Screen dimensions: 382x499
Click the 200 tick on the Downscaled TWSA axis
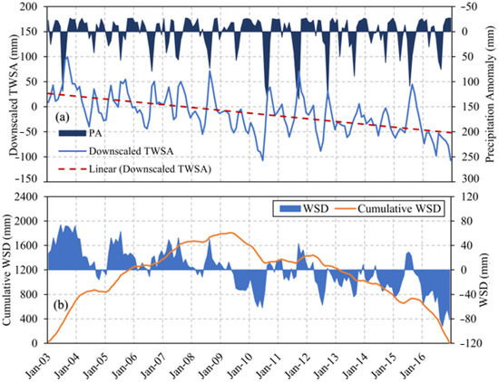tap(31, 7)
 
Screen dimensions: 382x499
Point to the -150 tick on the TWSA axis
tap(28, 181)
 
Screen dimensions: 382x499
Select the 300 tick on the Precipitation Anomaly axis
tap(468, 181)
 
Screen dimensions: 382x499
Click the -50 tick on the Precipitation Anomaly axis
tap(468, 7)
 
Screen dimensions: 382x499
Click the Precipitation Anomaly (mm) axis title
tap(491, 94)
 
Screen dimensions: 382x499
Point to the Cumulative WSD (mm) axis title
tap(8, 270)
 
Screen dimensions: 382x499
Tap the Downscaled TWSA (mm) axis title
tap(8, 94)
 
